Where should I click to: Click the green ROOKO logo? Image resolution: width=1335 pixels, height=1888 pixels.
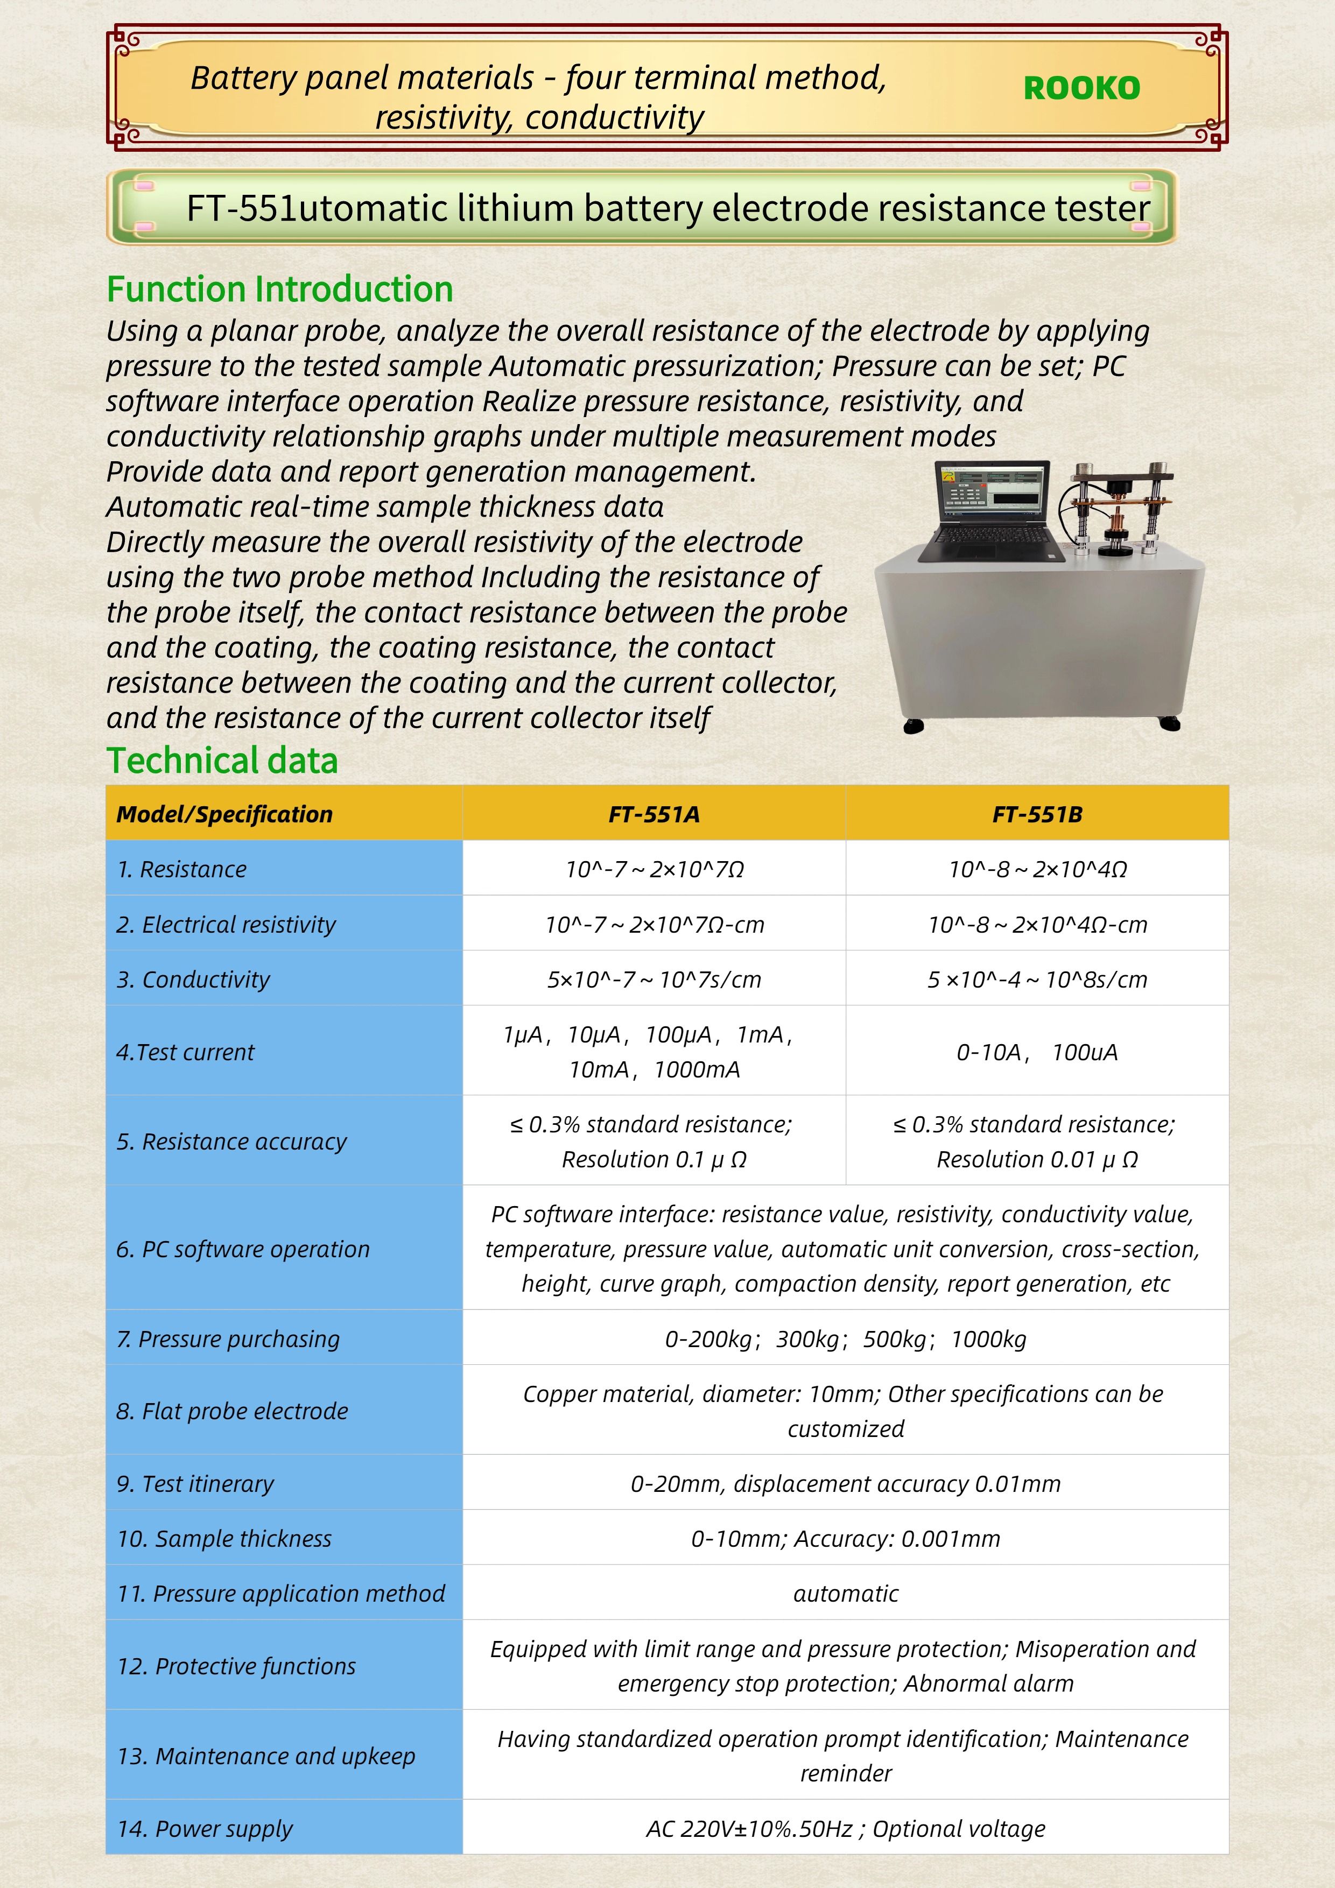(1081, 88)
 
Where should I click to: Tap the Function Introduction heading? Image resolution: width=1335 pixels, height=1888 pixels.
(280, 290)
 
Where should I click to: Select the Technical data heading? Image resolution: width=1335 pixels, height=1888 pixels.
(222, 760)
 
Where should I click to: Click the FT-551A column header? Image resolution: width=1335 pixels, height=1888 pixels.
(654, 814)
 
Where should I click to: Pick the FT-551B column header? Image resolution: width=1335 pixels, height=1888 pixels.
(1037, 814)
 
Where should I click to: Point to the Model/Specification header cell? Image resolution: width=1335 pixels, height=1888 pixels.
(224, 814)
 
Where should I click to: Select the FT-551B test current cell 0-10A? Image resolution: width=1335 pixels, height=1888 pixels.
(1037, 1052)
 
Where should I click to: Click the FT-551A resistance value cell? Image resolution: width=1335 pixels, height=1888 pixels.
(654, 869)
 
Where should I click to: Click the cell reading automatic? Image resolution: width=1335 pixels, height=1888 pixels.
(846, 1593)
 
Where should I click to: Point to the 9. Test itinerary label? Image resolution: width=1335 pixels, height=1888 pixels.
(196, 1483)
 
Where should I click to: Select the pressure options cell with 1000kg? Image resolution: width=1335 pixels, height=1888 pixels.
(846, 1338)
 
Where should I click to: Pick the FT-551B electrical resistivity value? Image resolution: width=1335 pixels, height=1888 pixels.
(1037, 924)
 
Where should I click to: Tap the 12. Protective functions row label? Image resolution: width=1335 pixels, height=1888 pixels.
(237, 1666)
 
